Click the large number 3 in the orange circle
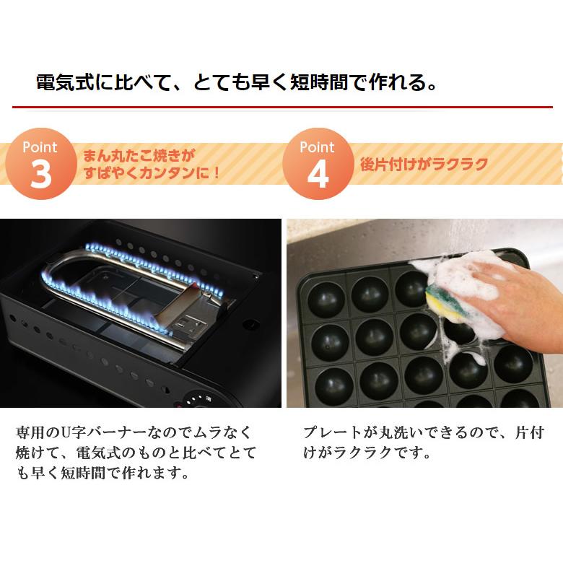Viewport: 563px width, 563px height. (x=40, y=174)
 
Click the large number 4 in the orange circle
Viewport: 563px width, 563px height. (x=318, y=174)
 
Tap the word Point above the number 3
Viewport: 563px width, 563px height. (x=40, y=147)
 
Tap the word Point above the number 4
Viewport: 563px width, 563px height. (x=317, y=147)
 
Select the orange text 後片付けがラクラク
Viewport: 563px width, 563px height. (x=424, y=165)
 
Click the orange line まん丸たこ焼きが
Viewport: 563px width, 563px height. (x=139, y=156)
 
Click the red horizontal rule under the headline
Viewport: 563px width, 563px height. (x=282, y=107)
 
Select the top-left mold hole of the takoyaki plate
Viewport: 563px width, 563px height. (x=326, y=299)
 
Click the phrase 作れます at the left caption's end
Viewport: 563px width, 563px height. (x=152, y=473)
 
